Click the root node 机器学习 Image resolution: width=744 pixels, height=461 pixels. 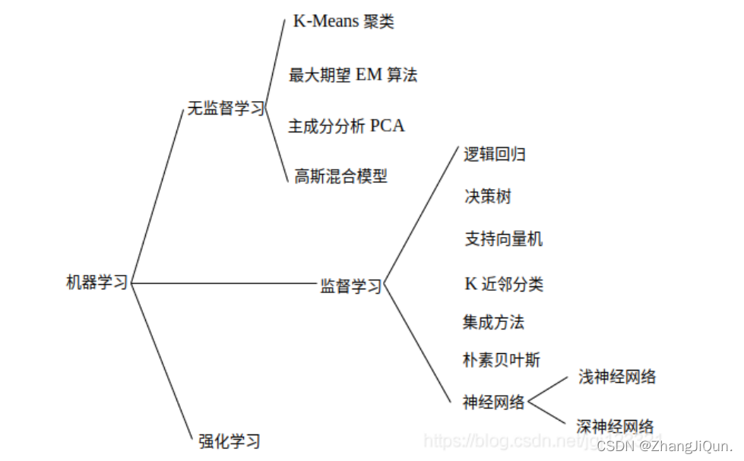[x=97, y=283]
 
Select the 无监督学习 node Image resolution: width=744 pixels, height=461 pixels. [x=226, y=109]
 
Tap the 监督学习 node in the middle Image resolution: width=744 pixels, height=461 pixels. [x=350, y=286]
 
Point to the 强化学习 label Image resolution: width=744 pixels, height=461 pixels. [x=229, y=440]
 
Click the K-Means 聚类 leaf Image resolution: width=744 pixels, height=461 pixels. [x=344, y=22]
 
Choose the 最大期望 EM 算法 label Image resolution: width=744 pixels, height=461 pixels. [x=353, y=75]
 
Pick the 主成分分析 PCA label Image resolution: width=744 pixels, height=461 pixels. [x=346, y=126]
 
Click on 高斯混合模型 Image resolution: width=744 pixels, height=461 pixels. [x=340, y=177]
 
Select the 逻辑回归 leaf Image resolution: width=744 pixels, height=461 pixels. [x=495, y=155]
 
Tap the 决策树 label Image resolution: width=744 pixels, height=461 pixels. [x=487, y=197]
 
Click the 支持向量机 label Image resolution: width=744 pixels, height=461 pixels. [x=503, y=239]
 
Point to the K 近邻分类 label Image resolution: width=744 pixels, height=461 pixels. [x=503, y=284]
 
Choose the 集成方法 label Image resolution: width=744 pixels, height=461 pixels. [x=493, y=322]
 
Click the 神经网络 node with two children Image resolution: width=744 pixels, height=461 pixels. [x=493, y=403]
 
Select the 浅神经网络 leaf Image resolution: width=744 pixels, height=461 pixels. [x=616, y=377]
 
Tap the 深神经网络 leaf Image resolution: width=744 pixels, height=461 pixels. [x=615, y=427]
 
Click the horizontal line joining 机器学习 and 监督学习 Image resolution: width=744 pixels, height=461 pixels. [x=224, y=283]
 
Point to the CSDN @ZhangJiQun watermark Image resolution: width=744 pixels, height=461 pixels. [x=664, y=445]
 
